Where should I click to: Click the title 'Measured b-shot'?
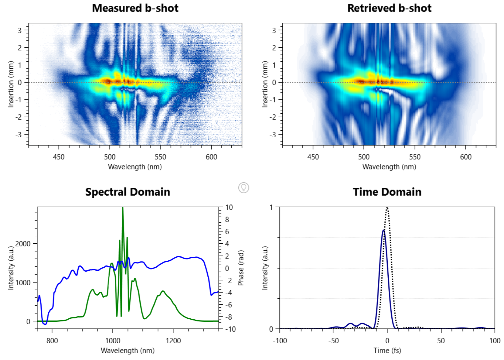pos(135,8)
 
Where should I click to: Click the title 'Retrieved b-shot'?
pos(389,8)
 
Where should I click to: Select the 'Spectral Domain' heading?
pos(128,192)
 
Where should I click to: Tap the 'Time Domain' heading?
pos(387,192)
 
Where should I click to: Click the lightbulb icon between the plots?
pos(243,188)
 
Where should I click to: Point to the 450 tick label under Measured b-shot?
pos(59,157)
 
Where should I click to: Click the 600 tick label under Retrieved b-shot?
pos(466,157)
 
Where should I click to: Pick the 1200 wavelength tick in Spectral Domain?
pos(173,341)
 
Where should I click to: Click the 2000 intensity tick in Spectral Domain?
pos(23,244)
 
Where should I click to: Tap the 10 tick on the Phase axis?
pos(229,207)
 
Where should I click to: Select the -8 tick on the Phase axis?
pos(228,317)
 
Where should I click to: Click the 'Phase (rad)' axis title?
pos(241,268)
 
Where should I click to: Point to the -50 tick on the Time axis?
pos(333,341)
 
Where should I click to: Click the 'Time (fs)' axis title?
pos(387,351)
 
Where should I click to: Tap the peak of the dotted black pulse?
pos(387,208)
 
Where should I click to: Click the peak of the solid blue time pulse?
pos(384,230)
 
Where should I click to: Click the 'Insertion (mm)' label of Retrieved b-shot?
pos(265,84)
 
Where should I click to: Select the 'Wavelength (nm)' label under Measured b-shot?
pos(135,167)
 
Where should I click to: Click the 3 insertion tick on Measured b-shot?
pos(20,30)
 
